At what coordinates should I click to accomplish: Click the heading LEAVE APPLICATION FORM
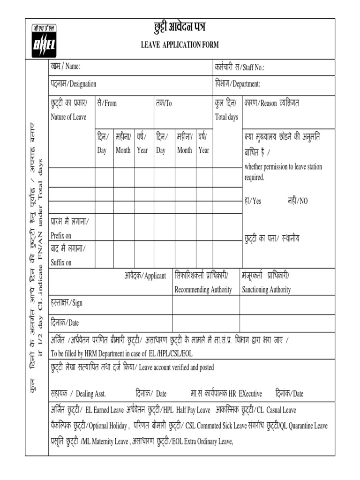click(180, 45)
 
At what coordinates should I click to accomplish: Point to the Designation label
click(74, 84)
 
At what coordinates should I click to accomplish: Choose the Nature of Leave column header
click(68, 117)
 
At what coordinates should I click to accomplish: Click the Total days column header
click(226, 117)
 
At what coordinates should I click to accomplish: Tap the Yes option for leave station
click(253, 201)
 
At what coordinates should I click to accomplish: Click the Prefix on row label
click(61, 236)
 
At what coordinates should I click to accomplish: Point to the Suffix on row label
click(61, 262)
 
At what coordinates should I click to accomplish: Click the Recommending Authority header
click(203, 290)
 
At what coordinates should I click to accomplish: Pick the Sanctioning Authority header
click(266, 290)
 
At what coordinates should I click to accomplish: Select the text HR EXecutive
click(243, 394)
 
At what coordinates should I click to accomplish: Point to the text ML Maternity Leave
click(104, 441)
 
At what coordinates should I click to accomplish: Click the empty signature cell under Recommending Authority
click(206, 305)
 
